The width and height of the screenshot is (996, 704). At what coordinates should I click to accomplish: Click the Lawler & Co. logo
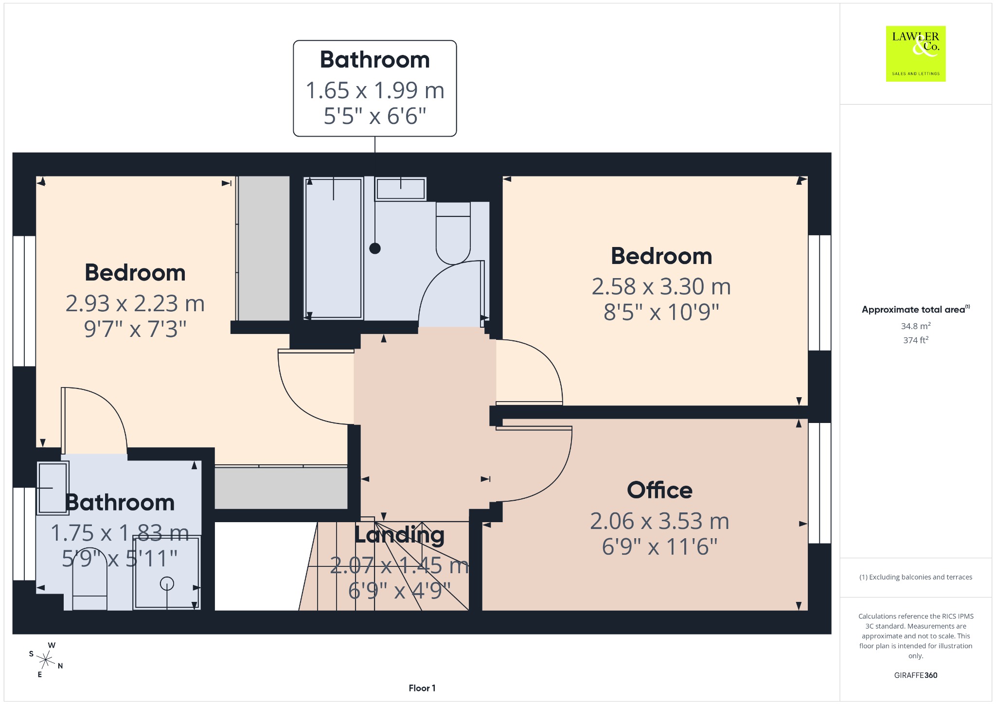[x=915, y=53]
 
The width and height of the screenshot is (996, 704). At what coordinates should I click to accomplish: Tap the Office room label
[x=659, y=490]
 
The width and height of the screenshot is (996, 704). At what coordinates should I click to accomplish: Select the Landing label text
[x=399, y=535]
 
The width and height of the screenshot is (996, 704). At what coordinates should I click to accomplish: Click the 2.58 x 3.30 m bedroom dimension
[x=661, y=286]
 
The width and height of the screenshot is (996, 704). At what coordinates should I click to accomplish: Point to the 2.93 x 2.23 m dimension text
[x=135, y=303]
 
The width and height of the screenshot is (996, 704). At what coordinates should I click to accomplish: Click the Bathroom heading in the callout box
[x=374, y=60]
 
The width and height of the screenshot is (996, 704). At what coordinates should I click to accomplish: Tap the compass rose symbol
[x=46, y=660]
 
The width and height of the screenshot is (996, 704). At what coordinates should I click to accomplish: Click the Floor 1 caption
[x=422, y=688]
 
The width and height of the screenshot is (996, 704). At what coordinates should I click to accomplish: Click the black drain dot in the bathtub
[x=375, y=248]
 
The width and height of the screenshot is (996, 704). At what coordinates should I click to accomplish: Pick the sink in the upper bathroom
[x=401, y=189]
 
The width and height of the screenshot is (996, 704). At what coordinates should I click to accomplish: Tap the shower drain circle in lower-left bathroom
[x=167, y=583]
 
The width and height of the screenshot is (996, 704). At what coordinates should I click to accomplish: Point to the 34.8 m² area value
[x=915, y=326]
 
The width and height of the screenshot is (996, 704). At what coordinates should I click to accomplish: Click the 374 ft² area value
[x=915, y=340]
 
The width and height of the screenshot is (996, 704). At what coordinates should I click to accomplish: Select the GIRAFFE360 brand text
[x=915, y=675]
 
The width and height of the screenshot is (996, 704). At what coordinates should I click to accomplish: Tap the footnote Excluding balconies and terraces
[x=915, y=577]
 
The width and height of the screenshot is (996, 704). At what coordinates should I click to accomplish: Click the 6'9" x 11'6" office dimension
[x=659, y=547]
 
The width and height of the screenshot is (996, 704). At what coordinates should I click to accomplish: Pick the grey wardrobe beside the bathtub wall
[x=263, y=248]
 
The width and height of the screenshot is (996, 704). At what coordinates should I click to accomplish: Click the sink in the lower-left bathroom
[x=53, y=487]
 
